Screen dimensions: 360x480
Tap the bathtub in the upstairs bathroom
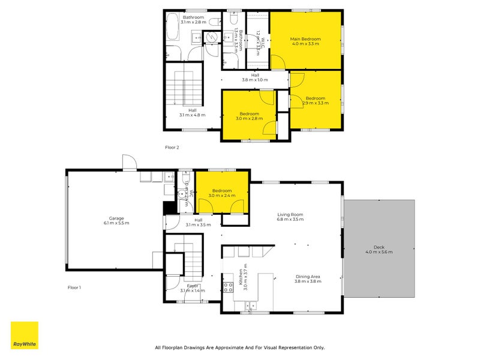tap(172, 29)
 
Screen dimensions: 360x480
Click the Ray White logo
tap(25, 335)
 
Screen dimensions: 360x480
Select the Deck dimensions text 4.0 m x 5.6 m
tap(379, 252)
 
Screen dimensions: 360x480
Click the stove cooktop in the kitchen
tap(228, 287)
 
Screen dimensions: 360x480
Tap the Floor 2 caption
tap(172, 147)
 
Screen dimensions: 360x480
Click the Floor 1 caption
tap(74, 287)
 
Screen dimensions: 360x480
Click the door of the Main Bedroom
tap(277, 62)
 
